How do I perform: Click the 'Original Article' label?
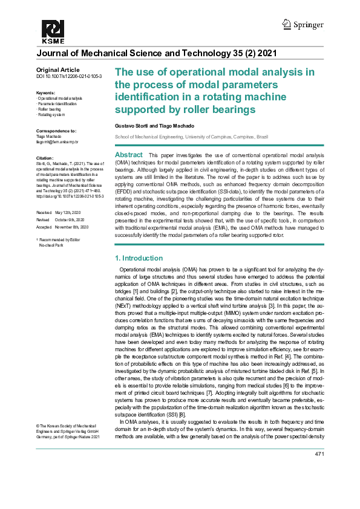[x=53, y=70]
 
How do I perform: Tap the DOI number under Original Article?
[x=69, y=77]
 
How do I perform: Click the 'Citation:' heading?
[x=46, y=157]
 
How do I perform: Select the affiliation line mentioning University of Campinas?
[x=191, y=137]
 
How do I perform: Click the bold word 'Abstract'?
[x=128, y=155]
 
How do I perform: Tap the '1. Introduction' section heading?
[x=139, y=258]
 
